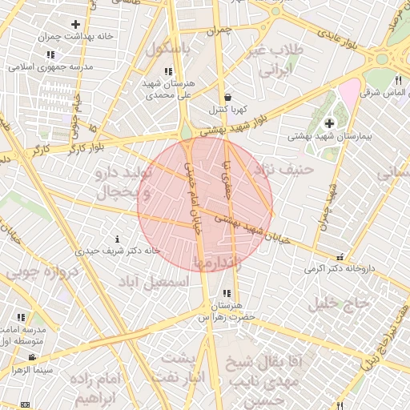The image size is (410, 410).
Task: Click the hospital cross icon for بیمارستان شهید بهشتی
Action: (330, 123)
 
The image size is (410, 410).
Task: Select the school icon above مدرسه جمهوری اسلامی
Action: (50, 54)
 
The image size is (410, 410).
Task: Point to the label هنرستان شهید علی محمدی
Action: (168, 89)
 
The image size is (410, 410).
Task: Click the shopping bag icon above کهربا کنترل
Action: (228, 95)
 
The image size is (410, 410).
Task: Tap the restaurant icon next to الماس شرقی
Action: (398, 80)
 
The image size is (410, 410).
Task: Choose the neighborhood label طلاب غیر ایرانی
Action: (275, 59)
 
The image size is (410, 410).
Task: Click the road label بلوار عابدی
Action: (329, 37)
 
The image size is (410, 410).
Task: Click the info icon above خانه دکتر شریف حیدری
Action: (119, 239)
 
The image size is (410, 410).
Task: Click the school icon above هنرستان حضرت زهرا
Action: (227, 294)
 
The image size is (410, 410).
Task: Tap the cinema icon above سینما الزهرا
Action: (32, 357)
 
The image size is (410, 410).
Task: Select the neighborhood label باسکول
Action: (170, 48)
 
